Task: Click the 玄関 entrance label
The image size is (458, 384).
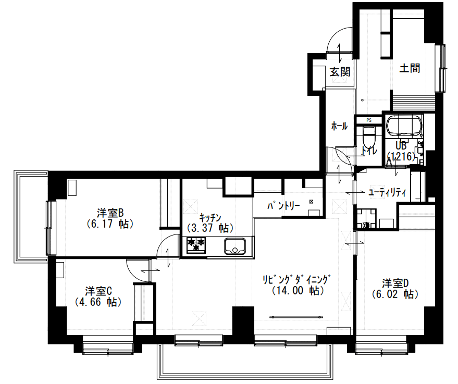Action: pos(340,72)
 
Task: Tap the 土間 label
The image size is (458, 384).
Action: pos(410,68)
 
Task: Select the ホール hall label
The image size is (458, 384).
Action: pos(339,126)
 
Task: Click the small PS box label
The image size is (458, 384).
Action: pos(369,120)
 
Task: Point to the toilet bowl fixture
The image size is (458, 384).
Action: pos(368,137)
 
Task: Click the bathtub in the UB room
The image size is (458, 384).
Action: pos(404,126)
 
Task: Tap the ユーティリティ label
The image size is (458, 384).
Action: pos(387,193)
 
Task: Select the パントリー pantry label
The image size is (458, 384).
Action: pos(283,206)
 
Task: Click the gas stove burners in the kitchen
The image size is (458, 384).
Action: pos(196,245)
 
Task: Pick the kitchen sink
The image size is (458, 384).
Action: pos(235,246)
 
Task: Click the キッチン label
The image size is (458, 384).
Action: pos(210,218)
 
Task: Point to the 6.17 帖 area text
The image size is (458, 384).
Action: pos(110,224)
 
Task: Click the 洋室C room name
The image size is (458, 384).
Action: pos(98,291)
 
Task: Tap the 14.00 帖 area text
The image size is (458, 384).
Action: pos(298,291)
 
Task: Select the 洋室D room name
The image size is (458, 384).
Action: pos(395,283)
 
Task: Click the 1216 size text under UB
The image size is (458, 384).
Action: pos(401,156)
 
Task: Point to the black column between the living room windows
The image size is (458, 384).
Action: pos(243,321)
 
